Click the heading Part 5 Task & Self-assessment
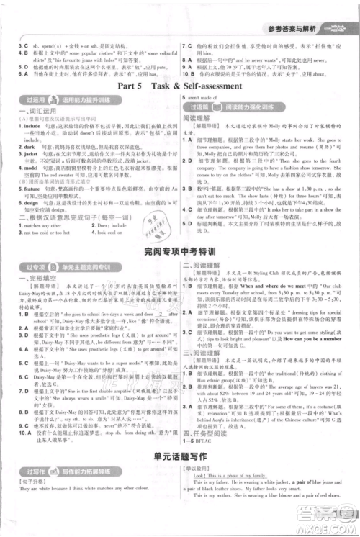tap(179, 84)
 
